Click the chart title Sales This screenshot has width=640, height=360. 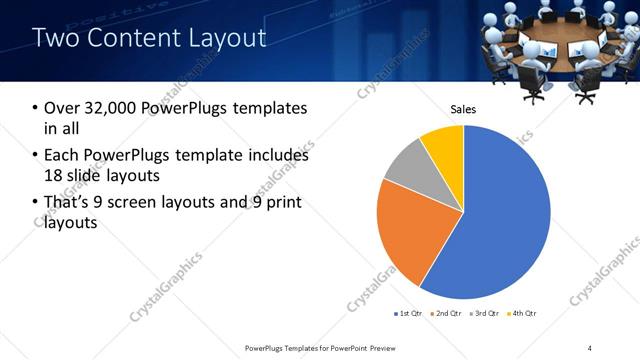click(463, 109)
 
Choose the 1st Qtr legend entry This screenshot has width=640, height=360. click(408, 314)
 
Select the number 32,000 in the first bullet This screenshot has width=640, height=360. click(110, 109)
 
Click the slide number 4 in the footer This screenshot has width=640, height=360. click(590, 347)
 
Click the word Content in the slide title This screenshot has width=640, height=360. click(129, 39)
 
